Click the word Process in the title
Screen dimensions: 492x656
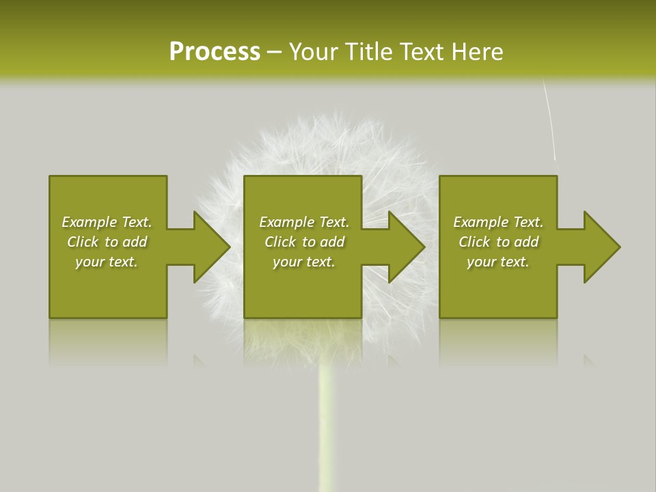click(x=215, y=52)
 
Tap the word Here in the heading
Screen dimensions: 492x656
click(x=478, y=52)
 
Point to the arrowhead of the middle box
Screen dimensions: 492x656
click(x=406, y=247)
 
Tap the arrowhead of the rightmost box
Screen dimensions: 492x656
click(x=601, y=247)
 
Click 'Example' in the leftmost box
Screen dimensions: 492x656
click(x=90, y=222)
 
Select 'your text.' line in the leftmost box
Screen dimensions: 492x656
click(x=107, y=262)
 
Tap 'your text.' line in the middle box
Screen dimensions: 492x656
click(x=303, y=262)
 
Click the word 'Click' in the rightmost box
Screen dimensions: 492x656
click(x=474, y=242)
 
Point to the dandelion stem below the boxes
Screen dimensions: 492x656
click(x=327, y=424)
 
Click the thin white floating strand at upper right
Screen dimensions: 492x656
click(x=549, y=120)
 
